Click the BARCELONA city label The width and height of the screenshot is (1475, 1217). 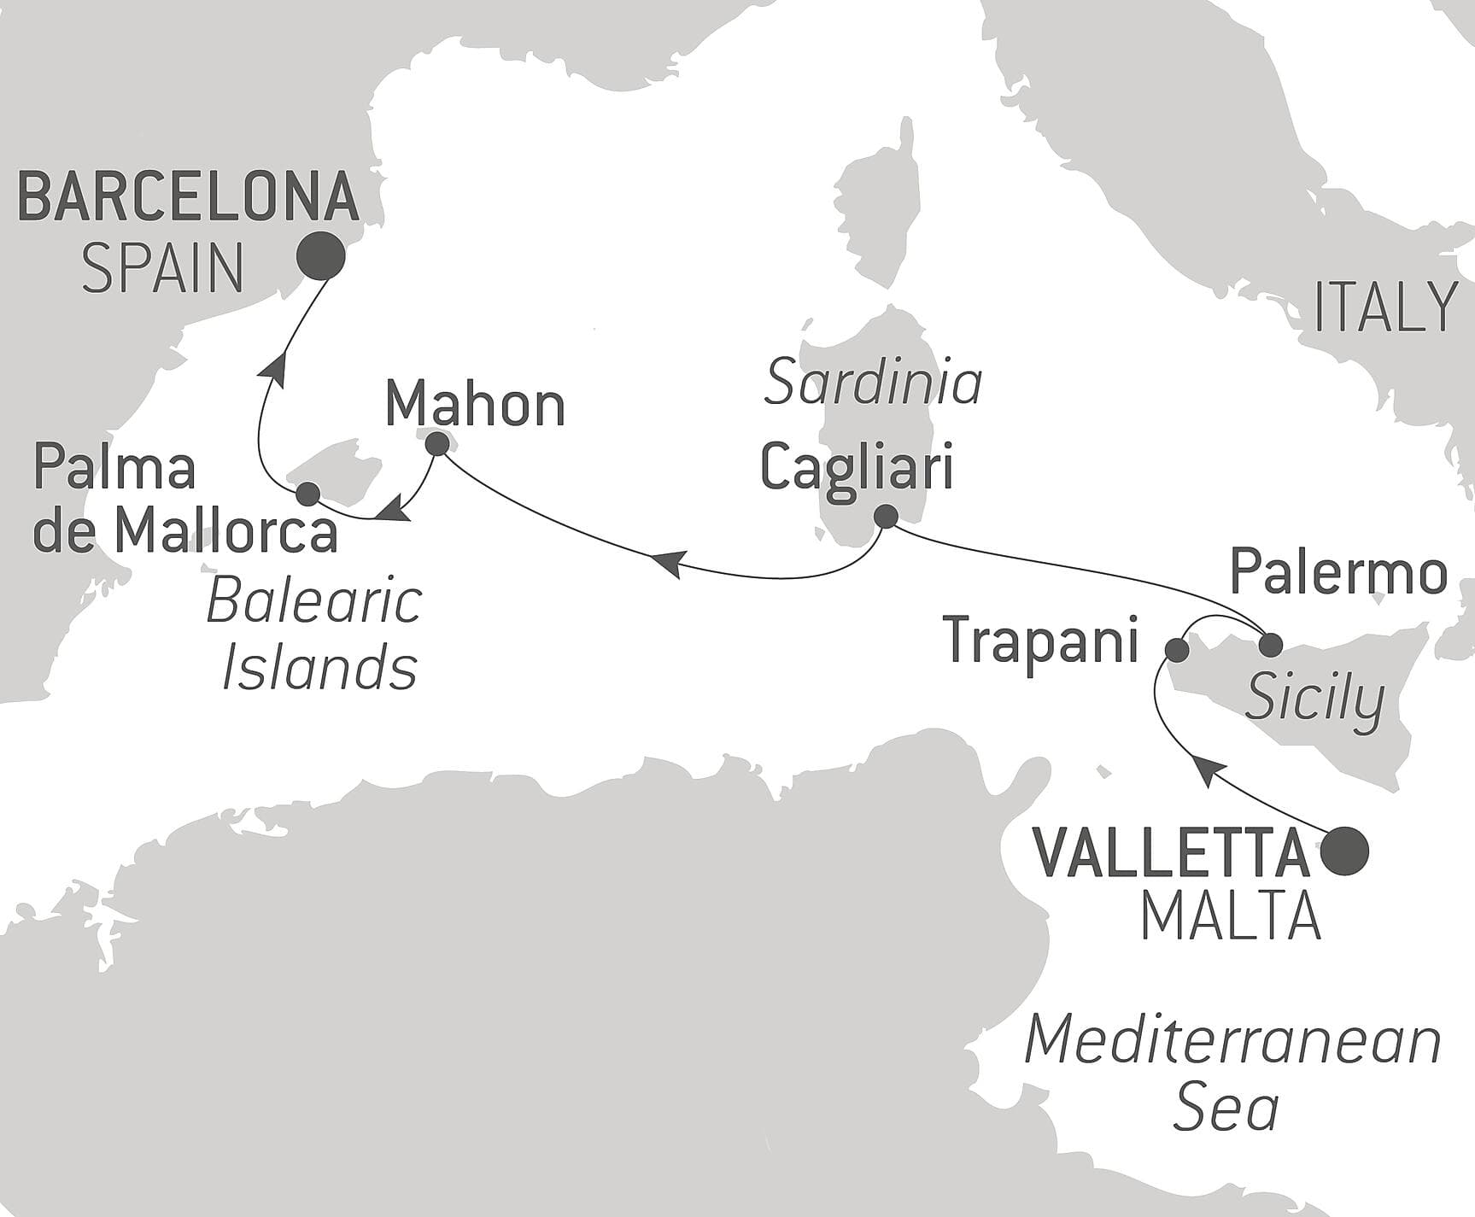(x=188, y=197)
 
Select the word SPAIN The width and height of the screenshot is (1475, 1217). (x=162, y=267)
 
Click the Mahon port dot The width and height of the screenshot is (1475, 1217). (x=437, y=444)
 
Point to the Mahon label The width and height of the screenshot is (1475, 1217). (x=475, y=405)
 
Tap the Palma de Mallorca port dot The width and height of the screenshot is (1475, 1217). (x=307, y=494)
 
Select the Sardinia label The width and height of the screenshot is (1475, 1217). (x=873, y=383)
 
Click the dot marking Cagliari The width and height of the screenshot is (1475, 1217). (x=886, y=516)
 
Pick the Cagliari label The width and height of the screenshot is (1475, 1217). (x=856, y=470)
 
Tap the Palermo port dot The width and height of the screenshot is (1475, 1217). (x=1271, y=645)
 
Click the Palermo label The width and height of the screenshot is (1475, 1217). (x=1338, y=573)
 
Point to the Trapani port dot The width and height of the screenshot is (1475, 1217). (x=1177, y=651)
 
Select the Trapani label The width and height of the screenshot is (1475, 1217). (x=1041, y=641)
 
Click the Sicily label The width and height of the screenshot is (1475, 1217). (x=1314, y=700)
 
